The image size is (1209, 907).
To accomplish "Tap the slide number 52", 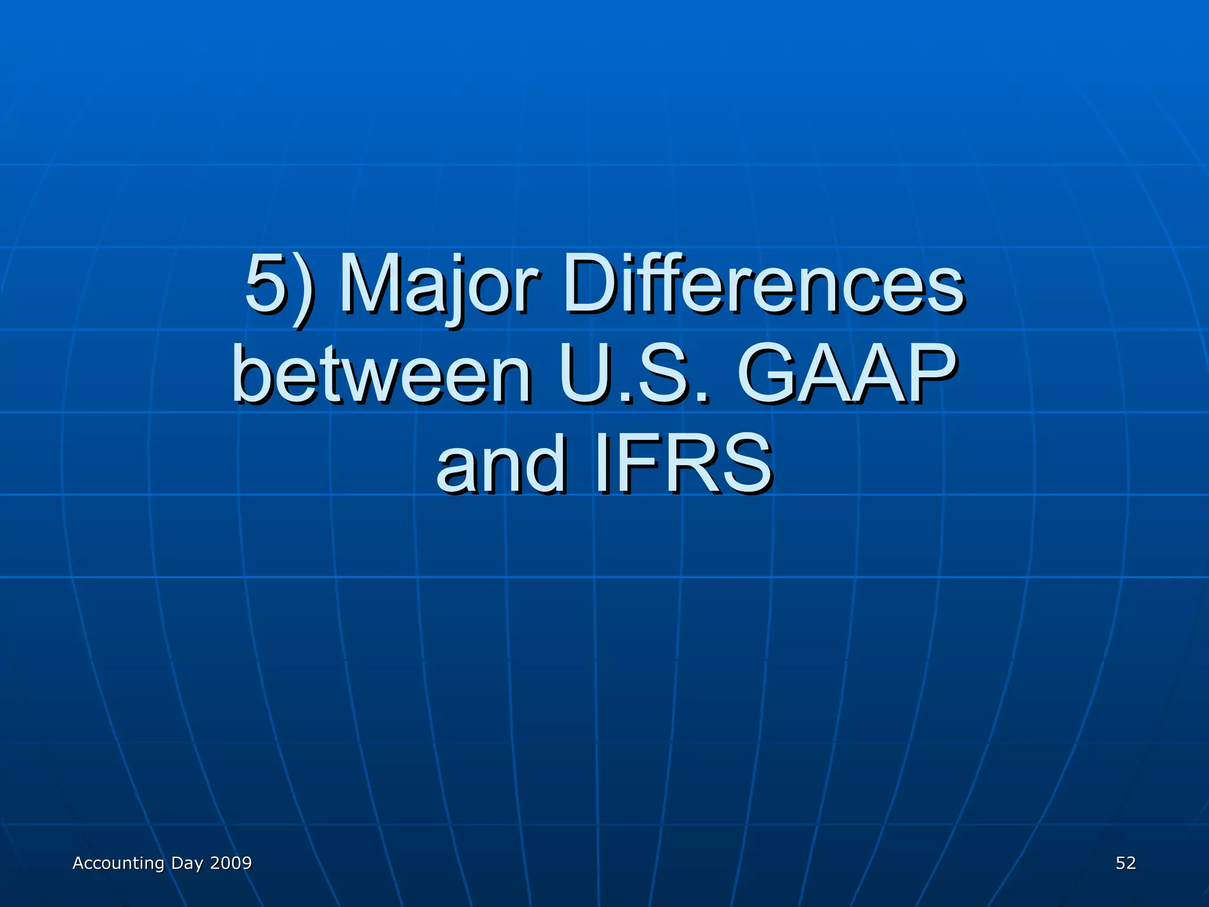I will [1126, 863].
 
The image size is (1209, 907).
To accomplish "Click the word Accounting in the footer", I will [118, 863].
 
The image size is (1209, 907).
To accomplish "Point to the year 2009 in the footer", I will [231, 863].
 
